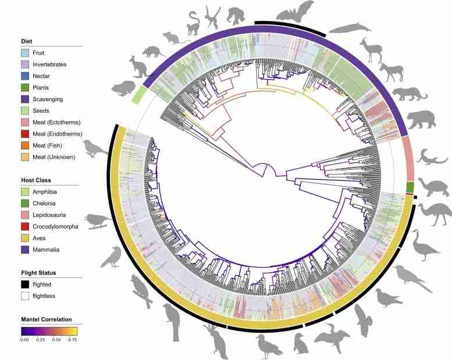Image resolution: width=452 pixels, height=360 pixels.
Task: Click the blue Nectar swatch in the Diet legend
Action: click(25, 76)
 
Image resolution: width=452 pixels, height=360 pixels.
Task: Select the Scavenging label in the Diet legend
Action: click(48, 99)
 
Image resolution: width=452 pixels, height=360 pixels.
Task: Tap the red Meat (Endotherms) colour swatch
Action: click(25, 134)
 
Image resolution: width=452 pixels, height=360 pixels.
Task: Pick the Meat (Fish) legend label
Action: click(47, 145)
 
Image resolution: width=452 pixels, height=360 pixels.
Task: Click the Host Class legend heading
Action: click(36, 180)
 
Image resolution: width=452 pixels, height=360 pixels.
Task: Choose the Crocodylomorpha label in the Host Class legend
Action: click(55, 227)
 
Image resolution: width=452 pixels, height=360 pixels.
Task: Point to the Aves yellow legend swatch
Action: click(25, 238)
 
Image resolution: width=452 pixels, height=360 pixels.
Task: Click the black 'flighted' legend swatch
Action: click(25, 284)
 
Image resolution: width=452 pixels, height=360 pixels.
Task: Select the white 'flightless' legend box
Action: click(25, 296)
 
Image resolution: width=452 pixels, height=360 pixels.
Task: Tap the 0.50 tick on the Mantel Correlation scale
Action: click(56, 340)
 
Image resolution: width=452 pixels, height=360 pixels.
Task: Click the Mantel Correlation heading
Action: click(47, 319)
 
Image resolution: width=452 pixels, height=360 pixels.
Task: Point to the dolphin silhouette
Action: click(350, 28)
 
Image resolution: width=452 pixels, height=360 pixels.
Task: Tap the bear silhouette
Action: click(421, 119)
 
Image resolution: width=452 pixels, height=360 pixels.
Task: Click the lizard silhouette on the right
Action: click(432, 157)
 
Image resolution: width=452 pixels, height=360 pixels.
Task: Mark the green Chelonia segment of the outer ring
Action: click(410, 187)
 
